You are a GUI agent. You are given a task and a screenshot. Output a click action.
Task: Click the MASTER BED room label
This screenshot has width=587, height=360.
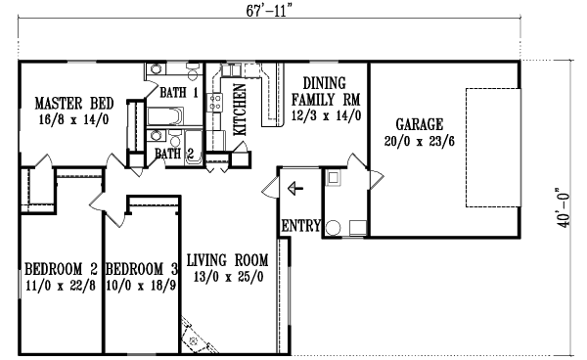coord(74,103)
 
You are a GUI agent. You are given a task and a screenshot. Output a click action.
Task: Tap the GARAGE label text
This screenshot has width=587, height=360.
coord(420,124)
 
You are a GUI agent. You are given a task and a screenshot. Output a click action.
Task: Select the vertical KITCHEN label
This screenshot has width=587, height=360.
coord(240,110)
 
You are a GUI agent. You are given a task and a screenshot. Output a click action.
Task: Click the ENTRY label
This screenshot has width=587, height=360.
coord(301,226)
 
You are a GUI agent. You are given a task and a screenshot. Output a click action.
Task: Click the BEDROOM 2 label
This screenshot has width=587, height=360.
coord(60,268)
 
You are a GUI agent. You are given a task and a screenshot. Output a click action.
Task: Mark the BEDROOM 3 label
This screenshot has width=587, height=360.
coord(142,268)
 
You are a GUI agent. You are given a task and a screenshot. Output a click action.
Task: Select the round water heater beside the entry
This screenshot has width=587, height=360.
coord(333,227)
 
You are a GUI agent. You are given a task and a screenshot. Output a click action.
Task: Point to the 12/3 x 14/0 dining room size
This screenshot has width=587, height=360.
coord(327,114)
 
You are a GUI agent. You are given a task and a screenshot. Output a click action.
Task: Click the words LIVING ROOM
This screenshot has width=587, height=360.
coord(227,260)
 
